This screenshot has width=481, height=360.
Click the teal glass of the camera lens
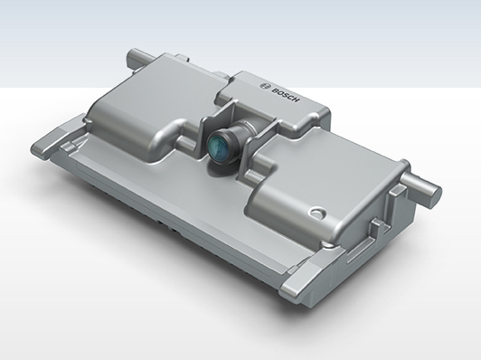(x=219, y=147)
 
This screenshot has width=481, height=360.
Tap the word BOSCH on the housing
(x=285, y=95)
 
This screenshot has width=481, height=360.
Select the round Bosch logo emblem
(x=264, y=86)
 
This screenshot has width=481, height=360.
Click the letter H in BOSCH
(x=295, y=99)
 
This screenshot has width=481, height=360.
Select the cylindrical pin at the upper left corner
(x=138, y=57)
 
